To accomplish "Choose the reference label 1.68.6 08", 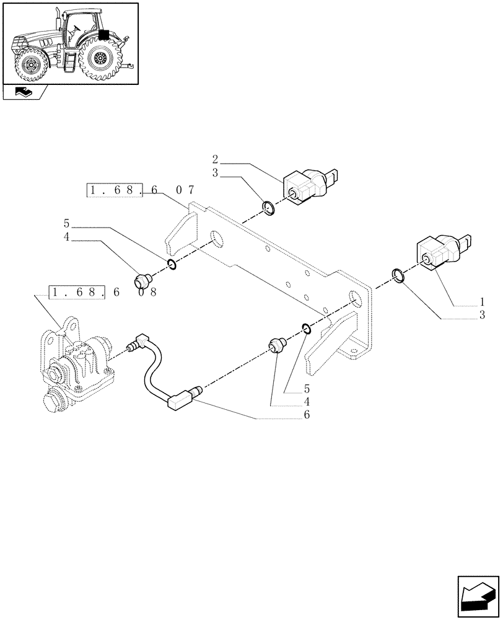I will [x=103, y=291].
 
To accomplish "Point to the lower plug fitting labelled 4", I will [x=276, y=347].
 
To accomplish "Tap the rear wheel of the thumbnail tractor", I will [x=99, y=59].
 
